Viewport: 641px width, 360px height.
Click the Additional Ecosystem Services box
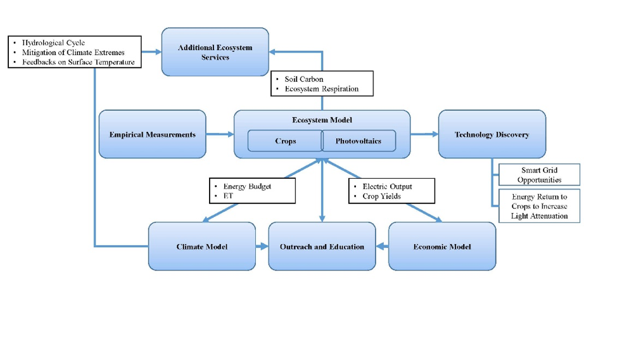pos(215,52)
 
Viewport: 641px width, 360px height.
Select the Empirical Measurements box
pos(152,134)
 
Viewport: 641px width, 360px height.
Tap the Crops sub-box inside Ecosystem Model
pos(285,141)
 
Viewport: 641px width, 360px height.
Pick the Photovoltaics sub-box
pos(359,141)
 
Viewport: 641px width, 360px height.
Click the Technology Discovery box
pos(492,134)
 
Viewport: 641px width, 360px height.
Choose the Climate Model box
pos(201,246)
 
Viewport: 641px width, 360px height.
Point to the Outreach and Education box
pos(322,246)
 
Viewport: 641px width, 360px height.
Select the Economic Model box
pos(441,246)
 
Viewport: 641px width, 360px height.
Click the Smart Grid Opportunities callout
pos(539,175)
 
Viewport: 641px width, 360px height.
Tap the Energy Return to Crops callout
pos(539,206)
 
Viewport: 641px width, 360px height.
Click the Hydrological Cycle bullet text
pos(53,43)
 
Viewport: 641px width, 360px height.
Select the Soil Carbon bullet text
pos(304,79)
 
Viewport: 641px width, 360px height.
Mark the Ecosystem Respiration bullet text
pos(321,89)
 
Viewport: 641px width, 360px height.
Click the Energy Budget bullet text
pos(247,186)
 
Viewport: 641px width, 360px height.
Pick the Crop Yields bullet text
pos(381,196)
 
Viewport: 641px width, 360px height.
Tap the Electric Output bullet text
pos(387,186)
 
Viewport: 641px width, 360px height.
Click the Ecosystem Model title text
pos(322,120)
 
